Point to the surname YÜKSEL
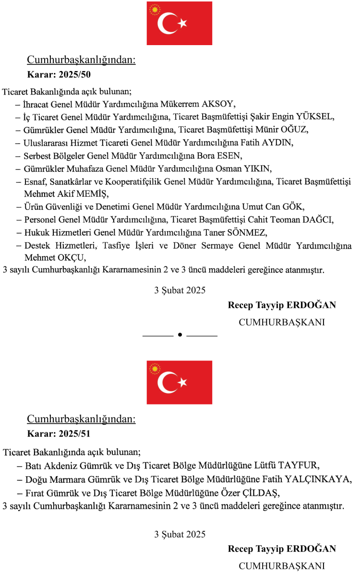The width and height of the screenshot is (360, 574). pos(317,117)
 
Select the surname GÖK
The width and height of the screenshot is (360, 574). pos(294,207)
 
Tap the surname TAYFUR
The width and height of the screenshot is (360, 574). pos(299,466)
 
